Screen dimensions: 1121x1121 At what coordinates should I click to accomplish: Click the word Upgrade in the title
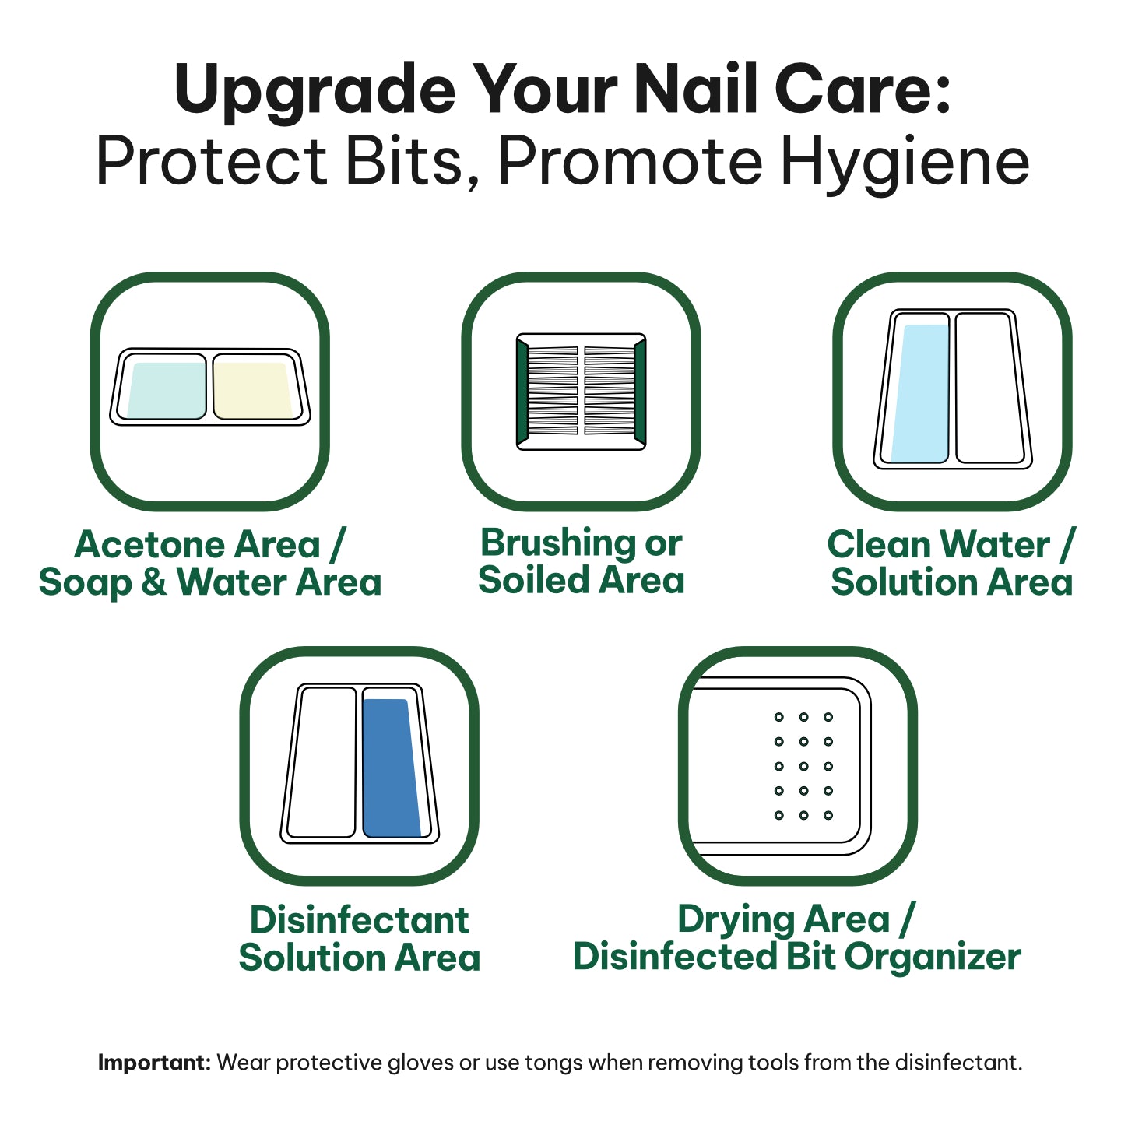click(315, 90)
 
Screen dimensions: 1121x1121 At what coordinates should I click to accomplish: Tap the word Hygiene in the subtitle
click(905, 162)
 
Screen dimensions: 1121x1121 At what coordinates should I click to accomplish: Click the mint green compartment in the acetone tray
click(167, 391)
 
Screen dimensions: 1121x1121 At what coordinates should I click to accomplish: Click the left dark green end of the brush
click(522, 392)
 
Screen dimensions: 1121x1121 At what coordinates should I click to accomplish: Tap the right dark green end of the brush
click(640, 392)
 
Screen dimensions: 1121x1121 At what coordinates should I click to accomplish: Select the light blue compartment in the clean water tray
click(921, 393)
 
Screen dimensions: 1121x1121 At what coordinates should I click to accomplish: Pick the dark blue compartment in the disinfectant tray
click(392, 768)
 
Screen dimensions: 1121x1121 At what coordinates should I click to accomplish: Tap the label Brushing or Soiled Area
click(582, 561)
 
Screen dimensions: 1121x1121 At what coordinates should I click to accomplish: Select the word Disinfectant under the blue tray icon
click(360, 920)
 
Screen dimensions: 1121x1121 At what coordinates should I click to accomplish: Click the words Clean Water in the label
click(938, 545)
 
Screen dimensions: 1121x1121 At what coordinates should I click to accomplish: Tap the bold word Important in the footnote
click(154, 1063)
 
